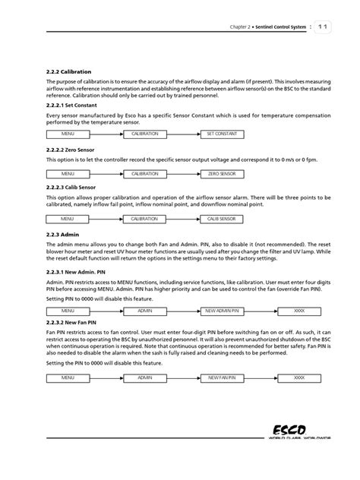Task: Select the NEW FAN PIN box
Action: coord(226,377)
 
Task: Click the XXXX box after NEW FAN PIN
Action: coord(299,377)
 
